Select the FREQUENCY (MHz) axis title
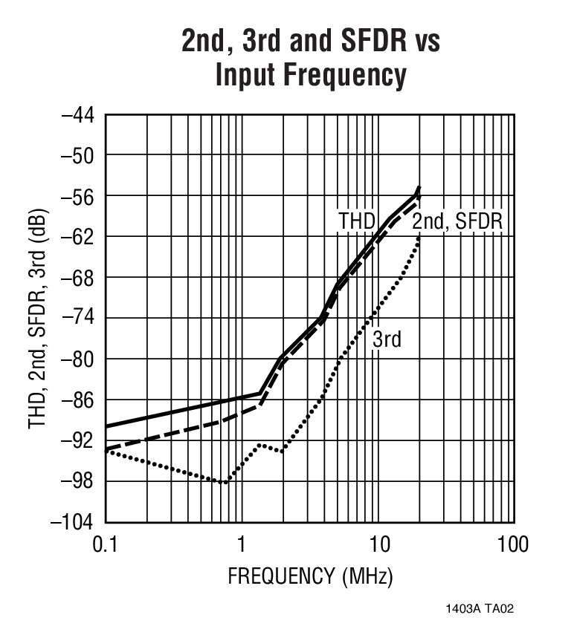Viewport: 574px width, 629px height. pos(310,576)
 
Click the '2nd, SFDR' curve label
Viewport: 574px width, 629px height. pos(458,221)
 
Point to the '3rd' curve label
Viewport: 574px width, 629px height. pos(387,340)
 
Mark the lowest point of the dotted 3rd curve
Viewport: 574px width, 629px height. pos(224,482)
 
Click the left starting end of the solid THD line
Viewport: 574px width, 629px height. pos(106,426)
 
